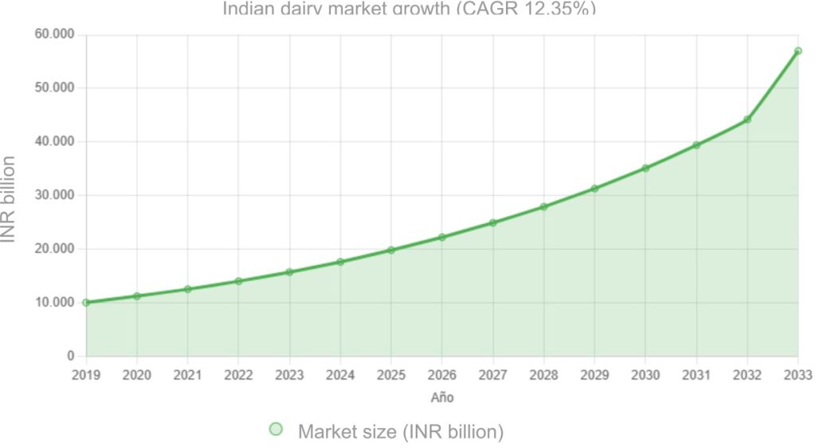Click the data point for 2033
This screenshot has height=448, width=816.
pyautogui.click(x=798, y=51)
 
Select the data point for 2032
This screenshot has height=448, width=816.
pyautogui.click(x=747, y=120)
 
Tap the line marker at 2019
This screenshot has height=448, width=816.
pyautogui.click(x=86, y=302)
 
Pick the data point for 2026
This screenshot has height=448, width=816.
pyautogui.click(x=442, y=237)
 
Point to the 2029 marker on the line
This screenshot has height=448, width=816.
pyautogui.click(x=594, y=188)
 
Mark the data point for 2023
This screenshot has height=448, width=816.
pyautogui.click(x=289, y=272)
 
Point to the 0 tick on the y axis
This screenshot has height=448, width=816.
pyautogui.click(x=71, y=356)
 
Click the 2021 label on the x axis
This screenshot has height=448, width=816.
pyautogui.click(x=187, y=375)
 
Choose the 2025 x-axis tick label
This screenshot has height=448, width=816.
pyautogui.click(x=391, y=375)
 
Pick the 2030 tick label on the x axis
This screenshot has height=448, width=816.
pyautogui.click(x=645, y=375)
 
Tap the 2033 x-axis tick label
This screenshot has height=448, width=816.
pyautogui.click(x=798, y=375)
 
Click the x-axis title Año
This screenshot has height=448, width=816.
pyautogui.click(x=442, y=396)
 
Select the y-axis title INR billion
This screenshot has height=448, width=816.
pyautogui.click(x=10, y=195)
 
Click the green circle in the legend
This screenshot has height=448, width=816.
pyautogui.click(x=276, y=430)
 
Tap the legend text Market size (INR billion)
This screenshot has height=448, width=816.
pyautogui.click(x=401, y=431)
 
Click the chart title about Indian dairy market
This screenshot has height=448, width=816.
pyautogui.click(x=408, y=9)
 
